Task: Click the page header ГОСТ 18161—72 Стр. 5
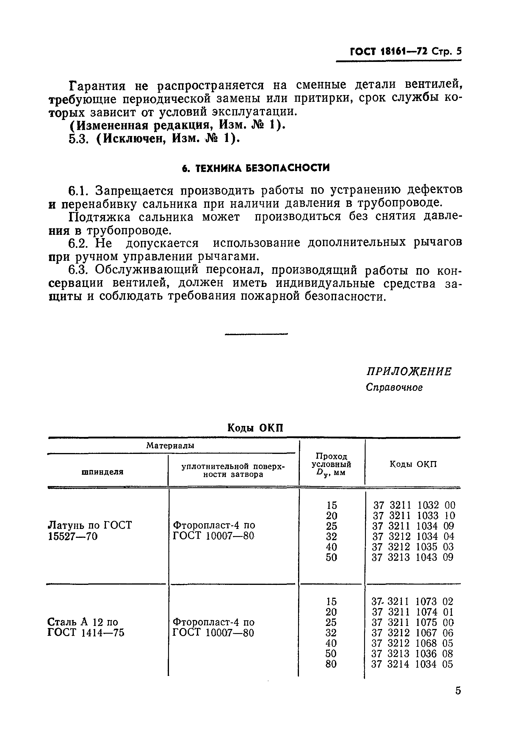[x=406, y=51]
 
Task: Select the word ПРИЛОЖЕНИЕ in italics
[x=409, y=371]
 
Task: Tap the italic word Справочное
[x=394, y=388]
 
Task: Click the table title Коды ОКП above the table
[x=255, y=428]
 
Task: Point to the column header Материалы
[x=170, y=446]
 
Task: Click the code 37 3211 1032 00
[x=414, y=505]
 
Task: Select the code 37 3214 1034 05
[x=412, y=664]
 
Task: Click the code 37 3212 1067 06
[x=412, y=633]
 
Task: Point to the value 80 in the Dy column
[x=331, y=664]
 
